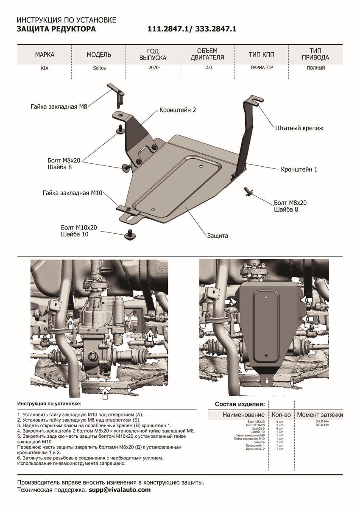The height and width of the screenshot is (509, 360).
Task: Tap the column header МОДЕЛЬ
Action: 99,55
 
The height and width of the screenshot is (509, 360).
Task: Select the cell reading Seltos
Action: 99,68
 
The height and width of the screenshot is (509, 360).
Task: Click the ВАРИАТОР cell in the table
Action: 261,67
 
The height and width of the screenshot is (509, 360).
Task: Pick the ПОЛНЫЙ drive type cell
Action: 315,68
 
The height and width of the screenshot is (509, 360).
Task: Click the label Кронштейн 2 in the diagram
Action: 178,110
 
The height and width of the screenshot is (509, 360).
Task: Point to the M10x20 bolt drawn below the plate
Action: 129,233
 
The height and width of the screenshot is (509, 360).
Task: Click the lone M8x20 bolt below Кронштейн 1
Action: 248,191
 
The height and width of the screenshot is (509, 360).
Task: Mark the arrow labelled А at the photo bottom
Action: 104,393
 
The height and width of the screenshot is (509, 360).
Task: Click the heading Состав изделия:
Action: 240,403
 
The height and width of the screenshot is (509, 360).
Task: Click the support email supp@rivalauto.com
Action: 120,489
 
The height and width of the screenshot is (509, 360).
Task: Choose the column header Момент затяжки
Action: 320,414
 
